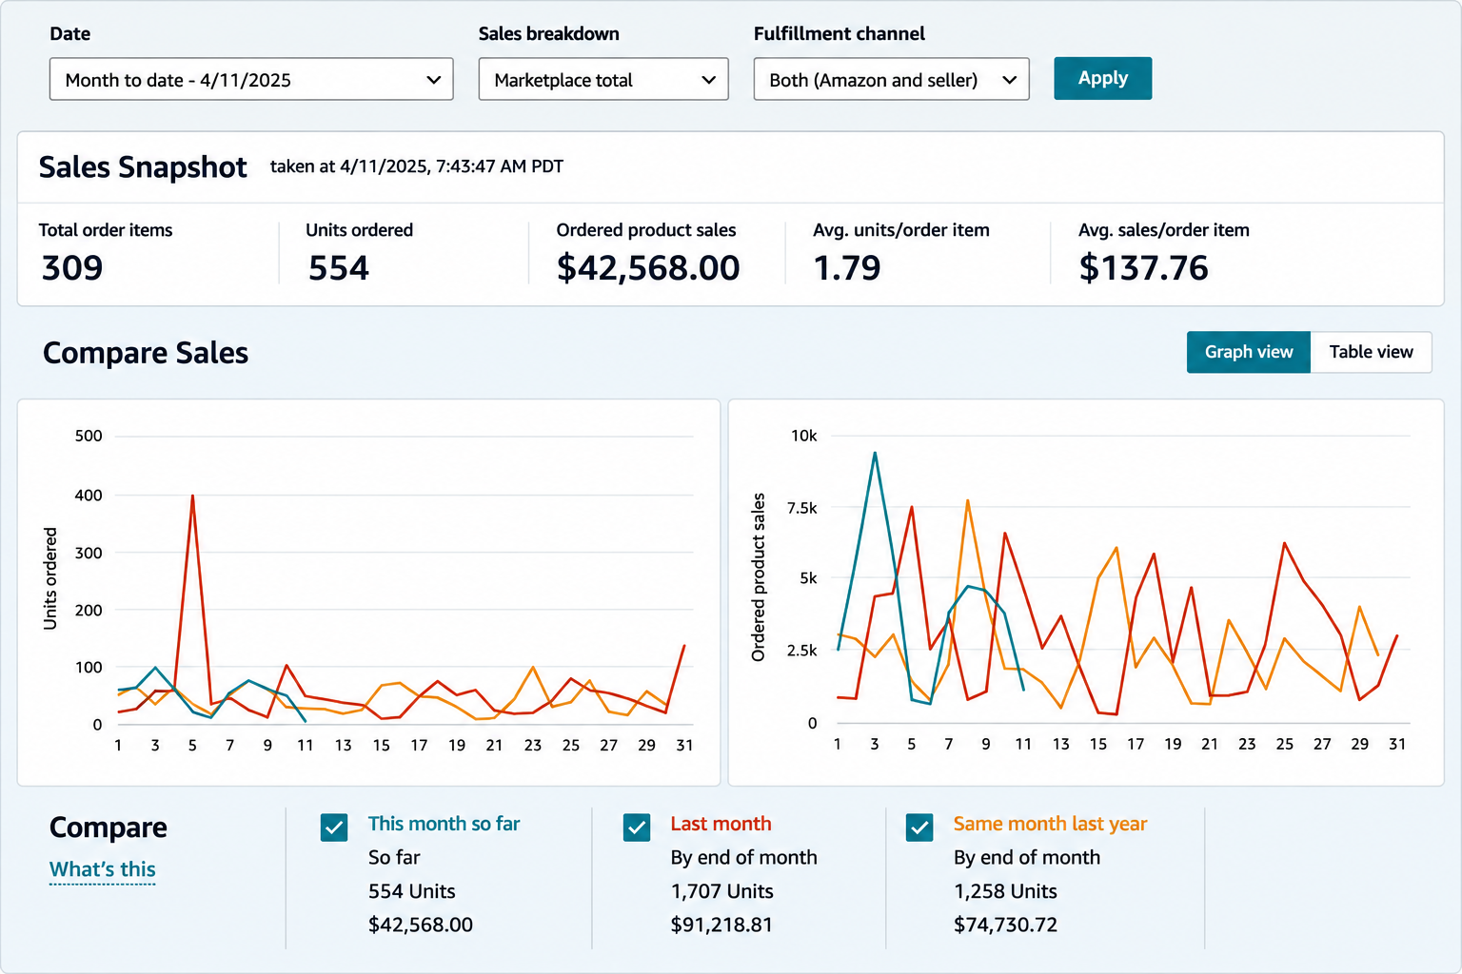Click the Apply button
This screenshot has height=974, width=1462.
point(1102,78)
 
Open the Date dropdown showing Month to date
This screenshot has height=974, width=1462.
point(251,79)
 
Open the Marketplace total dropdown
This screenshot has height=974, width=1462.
point(603,79)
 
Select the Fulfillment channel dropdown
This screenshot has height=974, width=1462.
point(891,79)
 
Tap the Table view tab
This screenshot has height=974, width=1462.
point(1371,352)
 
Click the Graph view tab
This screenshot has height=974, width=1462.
point(1249,352)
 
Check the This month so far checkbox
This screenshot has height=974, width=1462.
point(334,828)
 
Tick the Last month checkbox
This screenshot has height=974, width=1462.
point(637,828)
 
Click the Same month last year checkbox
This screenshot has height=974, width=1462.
point(919,828)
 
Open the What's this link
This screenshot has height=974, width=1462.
point(103,869)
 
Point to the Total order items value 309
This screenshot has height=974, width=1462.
point(72,267)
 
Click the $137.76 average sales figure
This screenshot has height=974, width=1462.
point(1143,267)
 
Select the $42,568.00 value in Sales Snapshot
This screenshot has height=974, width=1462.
point(648,268)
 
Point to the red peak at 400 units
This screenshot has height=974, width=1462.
point(192,496)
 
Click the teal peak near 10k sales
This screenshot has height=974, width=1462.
point(875,453)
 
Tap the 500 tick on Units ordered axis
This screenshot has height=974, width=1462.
point(89,436)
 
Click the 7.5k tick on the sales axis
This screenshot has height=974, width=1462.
point(802,508)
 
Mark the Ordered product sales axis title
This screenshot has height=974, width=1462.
point(758,577)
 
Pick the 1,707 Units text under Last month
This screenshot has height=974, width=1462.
point(721,891)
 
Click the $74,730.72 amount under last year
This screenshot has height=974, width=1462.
point(1005,925)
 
